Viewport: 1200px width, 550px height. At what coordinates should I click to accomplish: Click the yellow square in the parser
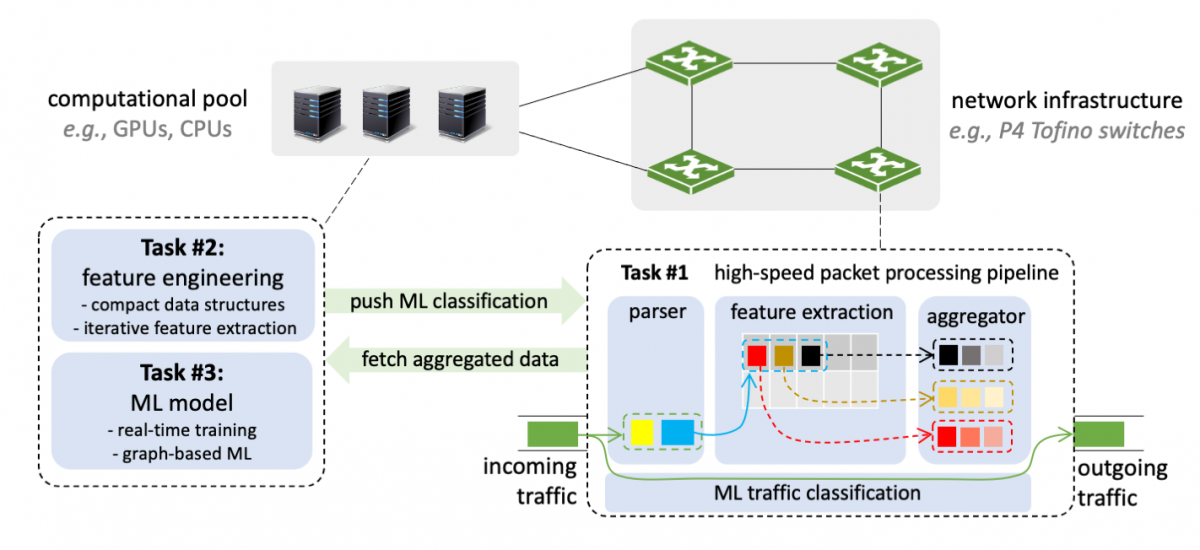642,433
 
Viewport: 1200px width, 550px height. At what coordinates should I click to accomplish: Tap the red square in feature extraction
757,355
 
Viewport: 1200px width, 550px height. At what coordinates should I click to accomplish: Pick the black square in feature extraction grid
810,355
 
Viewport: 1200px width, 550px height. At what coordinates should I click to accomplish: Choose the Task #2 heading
183,248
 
